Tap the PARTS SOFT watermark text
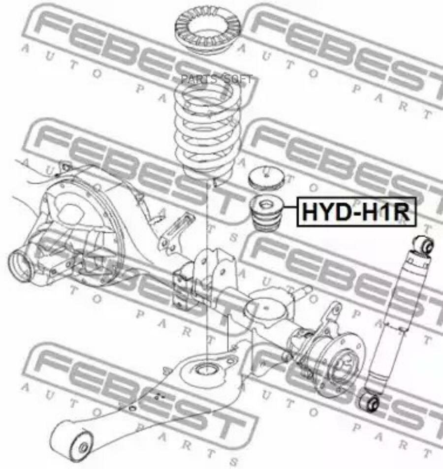pos(216,79)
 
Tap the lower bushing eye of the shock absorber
pos(368,402)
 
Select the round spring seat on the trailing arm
pos(207,369)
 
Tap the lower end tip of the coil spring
pos(216,185)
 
